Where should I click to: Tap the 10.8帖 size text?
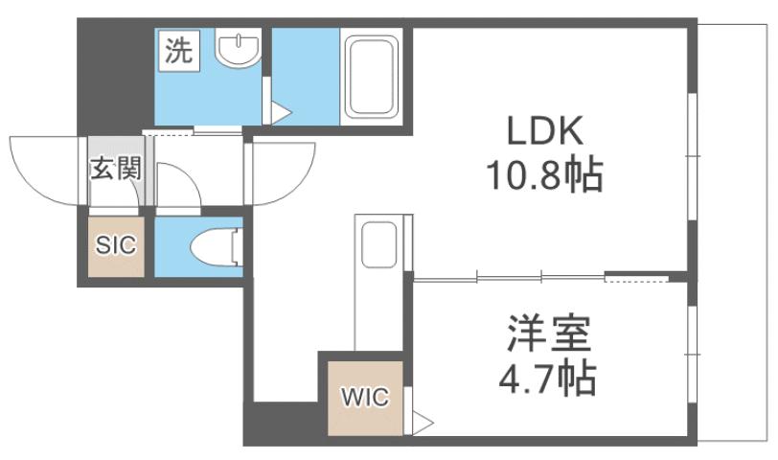[x=546, y=175]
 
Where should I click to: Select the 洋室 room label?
[x=548, y=336]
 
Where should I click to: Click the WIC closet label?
[x=364, y=397]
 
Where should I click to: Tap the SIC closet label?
[x=115, y=244]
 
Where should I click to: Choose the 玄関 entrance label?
[x=116, y=171]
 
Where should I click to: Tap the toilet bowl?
[x=215, y=247]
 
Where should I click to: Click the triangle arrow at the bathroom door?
[x=280, y=113]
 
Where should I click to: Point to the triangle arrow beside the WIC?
[x=423, y=421]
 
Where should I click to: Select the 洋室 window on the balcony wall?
[x=693, y=355]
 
